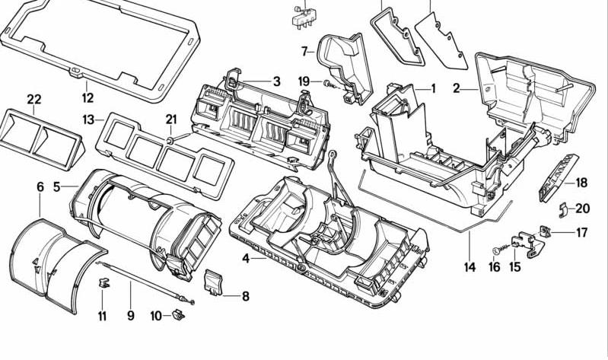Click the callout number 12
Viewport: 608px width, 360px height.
click(88, 97)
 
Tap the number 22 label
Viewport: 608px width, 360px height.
click(34, 99)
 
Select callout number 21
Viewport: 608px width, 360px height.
click(171, 119)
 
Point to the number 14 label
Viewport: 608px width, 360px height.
click(470, 267)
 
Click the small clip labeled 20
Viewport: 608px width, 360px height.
click(564, 209)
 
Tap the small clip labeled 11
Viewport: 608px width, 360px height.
click(103, 282)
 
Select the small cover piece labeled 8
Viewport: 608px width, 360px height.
click(212, 282)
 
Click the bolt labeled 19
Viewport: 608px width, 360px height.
click(329, 84)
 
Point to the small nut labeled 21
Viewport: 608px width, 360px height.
click(170, 139)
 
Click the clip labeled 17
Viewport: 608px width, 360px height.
click(546, 231)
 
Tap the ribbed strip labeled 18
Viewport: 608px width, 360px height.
click(558, 177)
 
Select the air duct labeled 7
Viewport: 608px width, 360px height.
click(344, 68)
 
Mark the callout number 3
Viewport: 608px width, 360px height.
click(276, 81)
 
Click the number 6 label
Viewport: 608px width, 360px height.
click(40, 187)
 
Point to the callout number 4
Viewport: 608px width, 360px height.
click(246, 258)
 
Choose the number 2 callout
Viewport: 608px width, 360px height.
click(457, 88)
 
